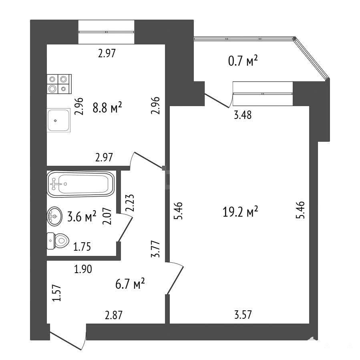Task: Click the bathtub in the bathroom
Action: point(80,184)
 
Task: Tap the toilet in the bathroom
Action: point(58,241)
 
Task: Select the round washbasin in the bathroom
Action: point(54,216)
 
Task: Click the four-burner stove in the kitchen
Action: point(59,84)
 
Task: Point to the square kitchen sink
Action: point(58,120)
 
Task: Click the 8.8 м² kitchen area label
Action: point(107,107)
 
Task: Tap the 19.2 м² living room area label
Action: point(240,211)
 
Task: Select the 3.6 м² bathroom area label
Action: point(82,217)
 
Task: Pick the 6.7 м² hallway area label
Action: point(130,284)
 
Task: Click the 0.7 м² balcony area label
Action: point(243,61)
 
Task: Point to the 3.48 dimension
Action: point(243,115)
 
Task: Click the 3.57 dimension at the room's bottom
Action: point(243,314)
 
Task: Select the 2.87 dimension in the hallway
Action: point(114,315)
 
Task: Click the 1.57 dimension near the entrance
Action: point(56,293)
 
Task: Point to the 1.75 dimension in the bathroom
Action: point(82,247)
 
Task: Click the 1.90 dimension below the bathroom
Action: point(83,269)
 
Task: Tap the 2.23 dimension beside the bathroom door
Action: point(130,203)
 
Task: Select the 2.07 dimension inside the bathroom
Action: point(107,216)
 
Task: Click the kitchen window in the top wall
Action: point(106,32)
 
